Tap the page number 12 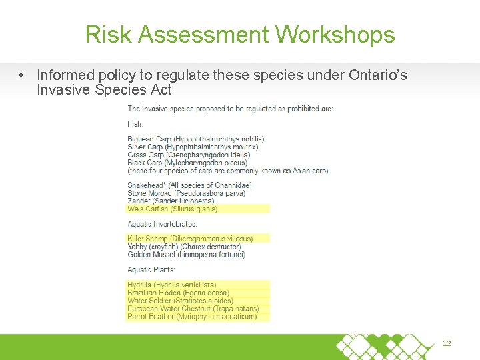pyautogui.click(x=447, y=343)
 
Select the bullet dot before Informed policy pyautogui.click(x=23, y=75)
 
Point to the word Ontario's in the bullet pyautogui.click(x=377, y=75)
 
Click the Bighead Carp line pyautogui.click(x=195, y=139)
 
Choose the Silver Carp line pyautogui.click(x=193, y=147)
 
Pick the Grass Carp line pyautogui.click(x=193, y=155)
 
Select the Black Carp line pyautogui.click(x=187, y=163)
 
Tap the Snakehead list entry pyautogui.click(x=189, y=185)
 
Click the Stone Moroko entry pyautogui.click(x=186, y=193)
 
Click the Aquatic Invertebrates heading pyautogui.click(x=162, y=224)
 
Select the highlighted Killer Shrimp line pyautogui.click(x=190, y=239)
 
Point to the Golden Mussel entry pyautogui.click(x=186, y=254)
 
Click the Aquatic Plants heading pyautogui.click(x=151, y=269)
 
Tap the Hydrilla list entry pyautogui.click(x=171, y=285)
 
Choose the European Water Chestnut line pyautogui.click(x=193, y=309)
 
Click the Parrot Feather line pyautogui.click(x=191, y=317)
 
